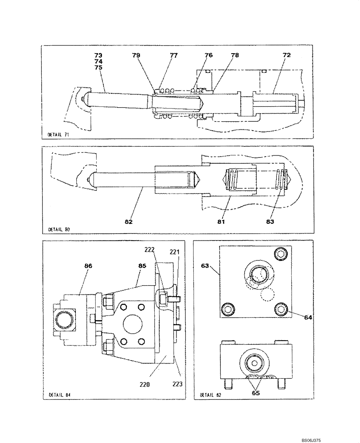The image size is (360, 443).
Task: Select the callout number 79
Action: click(136, 55)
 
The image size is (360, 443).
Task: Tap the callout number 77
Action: click(173, 55)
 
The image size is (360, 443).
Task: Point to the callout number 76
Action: click(208, 55)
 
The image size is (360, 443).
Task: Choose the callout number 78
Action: click(235, 55)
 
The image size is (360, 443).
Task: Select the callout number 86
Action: click(89, 267)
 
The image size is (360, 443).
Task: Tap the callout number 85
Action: click(142, 267)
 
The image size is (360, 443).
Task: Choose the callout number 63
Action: click(205, 267)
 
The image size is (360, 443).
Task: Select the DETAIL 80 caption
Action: click(58, 229)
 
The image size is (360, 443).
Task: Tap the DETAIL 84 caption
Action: click(58, 394)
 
